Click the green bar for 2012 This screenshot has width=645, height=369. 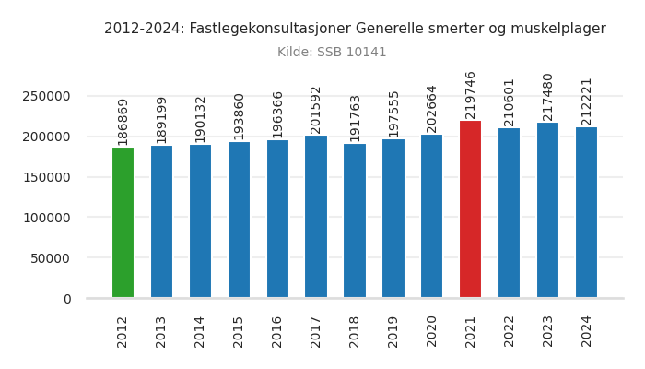[123, 222]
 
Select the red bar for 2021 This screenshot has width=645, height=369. [470, 209]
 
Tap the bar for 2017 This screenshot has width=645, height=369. [316, 217]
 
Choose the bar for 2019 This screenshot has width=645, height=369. [393, 219]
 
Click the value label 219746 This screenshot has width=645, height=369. [471, 95]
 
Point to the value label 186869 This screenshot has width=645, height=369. [123, 122]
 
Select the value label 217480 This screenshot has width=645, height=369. [548, 96]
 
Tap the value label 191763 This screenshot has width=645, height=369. [355, 118]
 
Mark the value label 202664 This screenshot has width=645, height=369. [432, 109]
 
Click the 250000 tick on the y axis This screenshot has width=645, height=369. [47, 96]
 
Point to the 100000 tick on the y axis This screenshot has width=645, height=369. [47, 218]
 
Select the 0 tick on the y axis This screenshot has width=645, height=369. [66, 299]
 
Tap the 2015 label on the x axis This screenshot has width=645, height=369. [239, 331]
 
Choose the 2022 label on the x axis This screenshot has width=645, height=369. [510, 331]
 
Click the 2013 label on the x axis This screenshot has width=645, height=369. [161, 331]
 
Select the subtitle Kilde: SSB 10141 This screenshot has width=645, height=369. [332, 53]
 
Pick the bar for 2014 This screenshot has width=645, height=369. [200, 220]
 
